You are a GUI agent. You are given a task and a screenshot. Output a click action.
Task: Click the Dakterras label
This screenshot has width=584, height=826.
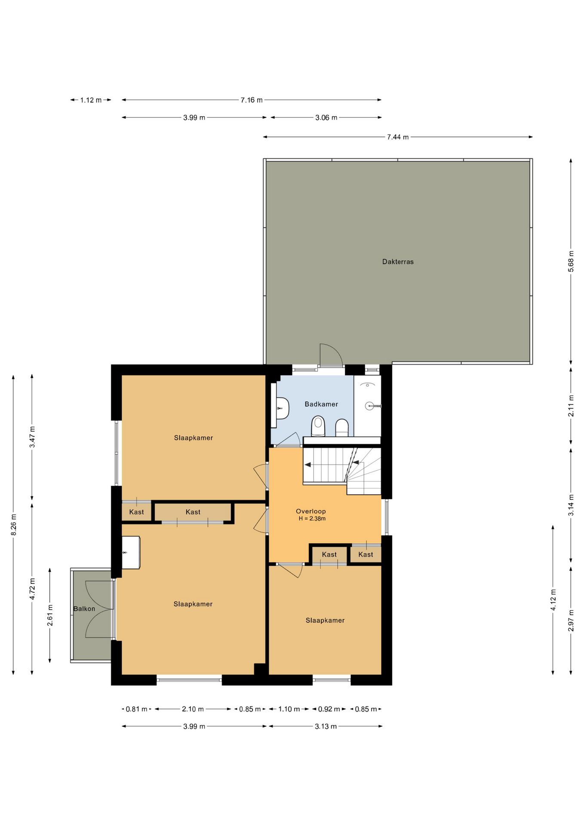point(398,262)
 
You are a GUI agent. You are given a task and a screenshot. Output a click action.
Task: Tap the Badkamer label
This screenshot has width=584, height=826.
point(321,404)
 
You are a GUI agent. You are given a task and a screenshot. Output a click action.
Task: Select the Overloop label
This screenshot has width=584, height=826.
point(311,511)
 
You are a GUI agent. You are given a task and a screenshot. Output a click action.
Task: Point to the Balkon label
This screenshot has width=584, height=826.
point(84,609)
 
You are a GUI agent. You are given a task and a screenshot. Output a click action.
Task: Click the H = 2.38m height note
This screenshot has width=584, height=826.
point(312,519)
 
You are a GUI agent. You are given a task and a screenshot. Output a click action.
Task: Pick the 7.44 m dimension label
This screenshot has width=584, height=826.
point(398,137)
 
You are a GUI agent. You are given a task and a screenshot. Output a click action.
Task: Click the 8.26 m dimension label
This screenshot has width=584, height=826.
point(14,525)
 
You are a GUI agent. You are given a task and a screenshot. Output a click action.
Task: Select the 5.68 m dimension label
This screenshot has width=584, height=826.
point(571,261)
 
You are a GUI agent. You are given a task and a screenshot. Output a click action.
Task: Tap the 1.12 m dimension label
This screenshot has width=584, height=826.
point(91,100)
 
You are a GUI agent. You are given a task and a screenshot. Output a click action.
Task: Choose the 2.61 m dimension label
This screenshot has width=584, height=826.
point(50,616)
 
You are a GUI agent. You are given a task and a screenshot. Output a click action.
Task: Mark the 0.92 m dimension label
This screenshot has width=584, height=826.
point(329,709)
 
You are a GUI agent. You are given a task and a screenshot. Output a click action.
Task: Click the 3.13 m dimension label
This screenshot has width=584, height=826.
point(326,726)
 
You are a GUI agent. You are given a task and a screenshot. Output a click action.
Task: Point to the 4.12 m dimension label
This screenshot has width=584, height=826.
point(553,600)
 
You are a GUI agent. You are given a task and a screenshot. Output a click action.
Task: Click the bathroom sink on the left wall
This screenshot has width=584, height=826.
point(282,408)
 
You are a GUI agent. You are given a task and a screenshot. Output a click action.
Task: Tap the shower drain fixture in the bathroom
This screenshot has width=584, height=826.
point(370,406)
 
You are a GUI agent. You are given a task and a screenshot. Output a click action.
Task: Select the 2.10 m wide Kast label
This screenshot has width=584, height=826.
point(193,512)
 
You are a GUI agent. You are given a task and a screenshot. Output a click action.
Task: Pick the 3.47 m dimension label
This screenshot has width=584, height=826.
point(32,437)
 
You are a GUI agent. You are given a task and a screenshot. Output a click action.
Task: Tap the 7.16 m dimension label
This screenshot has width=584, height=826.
point(251,100)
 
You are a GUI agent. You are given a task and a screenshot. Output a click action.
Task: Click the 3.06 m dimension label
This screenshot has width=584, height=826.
point(326,117)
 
